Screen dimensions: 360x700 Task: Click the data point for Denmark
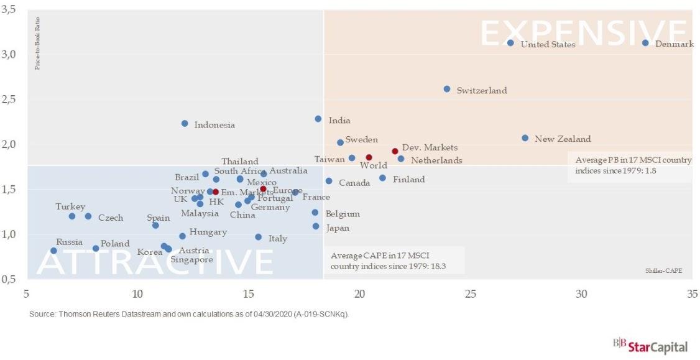(x=645, y=43)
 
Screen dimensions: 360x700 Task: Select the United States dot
(x=510, y=43)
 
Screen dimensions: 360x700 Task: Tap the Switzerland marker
(x=447, y=89)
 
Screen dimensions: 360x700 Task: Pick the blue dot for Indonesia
(x=185, y=124)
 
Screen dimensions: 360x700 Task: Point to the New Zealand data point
(x=525, y=138)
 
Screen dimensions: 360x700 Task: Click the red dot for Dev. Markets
(x=395, y=151)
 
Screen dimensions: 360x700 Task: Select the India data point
(x=318, y=119)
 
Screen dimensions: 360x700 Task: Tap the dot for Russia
(x=53, y=251)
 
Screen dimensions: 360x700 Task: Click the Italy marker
(x=258, y=237)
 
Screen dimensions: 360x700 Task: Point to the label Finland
(x=408, y=180)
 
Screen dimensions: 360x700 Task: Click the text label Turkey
(x=70, y=206)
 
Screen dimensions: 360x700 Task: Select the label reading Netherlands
(x=436, y=160)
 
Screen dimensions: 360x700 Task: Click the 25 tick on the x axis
(x=470, y=293)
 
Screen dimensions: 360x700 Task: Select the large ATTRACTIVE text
(x=155, y=262)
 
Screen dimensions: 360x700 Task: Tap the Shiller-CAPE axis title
(x=664, y=270)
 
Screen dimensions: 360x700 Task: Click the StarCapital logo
(x=650, y=346)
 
